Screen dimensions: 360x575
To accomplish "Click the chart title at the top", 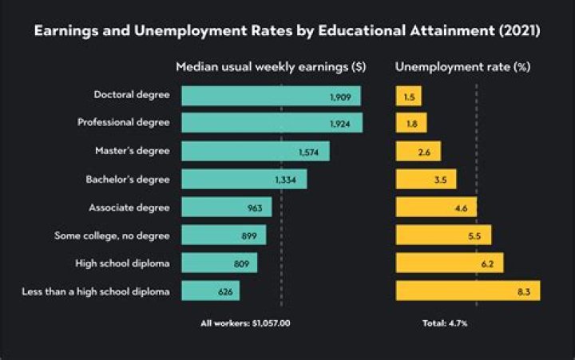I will pos(287,33).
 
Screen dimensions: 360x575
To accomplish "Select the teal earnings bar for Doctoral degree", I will pos(271,96).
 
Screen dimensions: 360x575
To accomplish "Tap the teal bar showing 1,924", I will pos(272,123).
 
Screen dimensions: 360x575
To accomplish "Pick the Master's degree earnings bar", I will pos(255,151).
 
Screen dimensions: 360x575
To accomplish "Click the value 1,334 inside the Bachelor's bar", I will pos(285,180).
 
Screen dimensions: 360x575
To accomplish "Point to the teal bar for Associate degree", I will pos(226,208).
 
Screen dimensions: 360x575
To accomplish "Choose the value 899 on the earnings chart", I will pos(248,235).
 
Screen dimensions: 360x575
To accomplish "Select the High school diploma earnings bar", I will pos(219,263).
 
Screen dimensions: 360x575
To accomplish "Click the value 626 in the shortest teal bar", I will pos(225,291).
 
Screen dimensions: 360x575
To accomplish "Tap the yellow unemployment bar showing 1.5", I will pos(408,96).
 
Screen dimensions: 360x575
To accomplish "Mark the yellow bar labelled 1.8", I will pos(411,123).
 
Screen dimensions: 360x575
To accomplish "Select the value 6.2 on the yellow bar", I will pos(486,263).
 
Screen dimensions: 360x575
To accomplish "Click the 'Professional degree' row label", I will pos(123,123).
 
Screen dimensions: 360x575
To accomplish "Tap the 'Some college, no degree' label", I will pos(112,235).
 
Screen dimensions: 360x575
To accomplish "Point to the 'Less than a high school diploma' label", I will pos(96,291).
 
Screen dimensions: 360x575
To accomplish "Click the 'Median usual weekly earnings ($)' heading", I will pos(271,67).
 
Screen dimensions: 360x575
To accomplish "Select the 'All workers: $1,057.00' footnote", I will pos(244,323).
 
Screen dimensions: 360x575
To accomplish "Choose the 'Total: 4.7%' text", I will pos(444,323).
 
